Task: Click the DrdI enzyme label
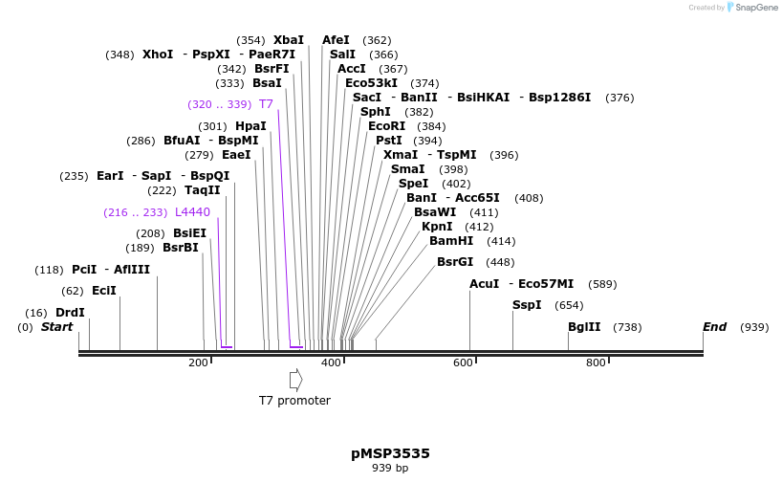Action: point(70,313)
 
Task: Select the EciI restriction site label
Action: point(103,291)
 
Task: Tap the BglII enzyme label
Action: point(584,327)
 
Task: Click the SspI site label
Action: point(527,305)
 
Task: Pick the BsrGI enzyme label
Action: point(455,262)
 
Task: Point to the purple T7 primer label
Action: point(266,104)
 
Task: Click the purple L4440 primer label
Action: point(192,212)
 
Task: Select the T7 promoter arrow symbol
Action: point(295,380)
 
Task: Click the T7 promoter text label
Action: point(294,401)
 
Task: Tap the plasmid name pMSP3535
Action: point(390,453)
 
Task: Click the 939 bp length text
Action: point(390,469)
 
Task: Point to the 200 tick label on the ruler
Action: point(198,363)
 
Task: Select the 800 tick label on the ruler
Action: point(596,363)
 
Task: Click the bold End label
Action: point(714,327)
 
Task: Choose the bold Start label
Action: point(56,327)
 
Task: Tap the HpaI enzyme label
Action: point(250,126)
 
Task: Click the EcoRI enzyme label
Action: point(386,126)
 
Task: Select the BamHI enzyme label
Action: point(451,241)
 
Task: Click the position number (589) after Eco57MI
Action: point(602,284)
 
